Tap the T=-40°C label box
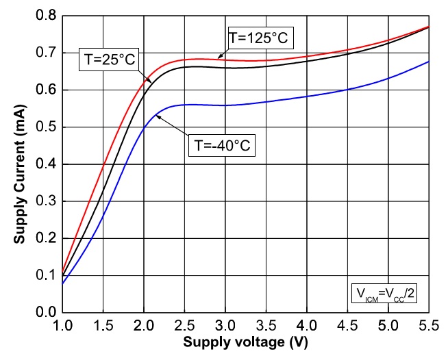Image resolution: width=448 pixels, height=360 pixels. point(221,146)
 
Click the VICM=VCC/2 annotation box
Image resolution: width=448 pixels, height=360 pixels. point(383,294)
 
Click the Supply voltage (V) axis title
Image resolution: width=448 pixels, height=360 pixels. point(245,341)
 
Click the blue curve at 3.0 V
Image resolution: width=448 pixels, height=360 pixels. point(225,105)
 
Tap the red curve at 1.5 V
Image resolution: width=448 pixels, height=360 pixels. point(103,165)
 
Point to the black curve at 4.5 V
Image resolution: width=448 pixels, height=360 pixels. point(348,53)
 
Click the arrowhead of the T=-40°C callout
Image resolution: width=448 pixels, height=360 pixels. point(157,116)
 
